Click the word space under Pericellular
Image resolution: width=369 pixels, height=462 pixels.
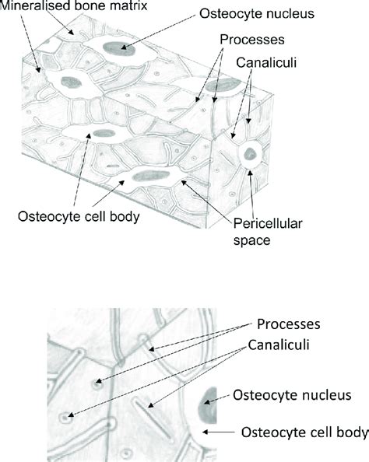(251, 240)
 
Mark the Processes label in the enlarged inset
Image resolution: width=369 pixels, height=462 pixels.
(288, 322)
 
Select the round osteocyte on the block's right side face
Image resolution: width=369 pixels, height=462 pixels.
(251, 153)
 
